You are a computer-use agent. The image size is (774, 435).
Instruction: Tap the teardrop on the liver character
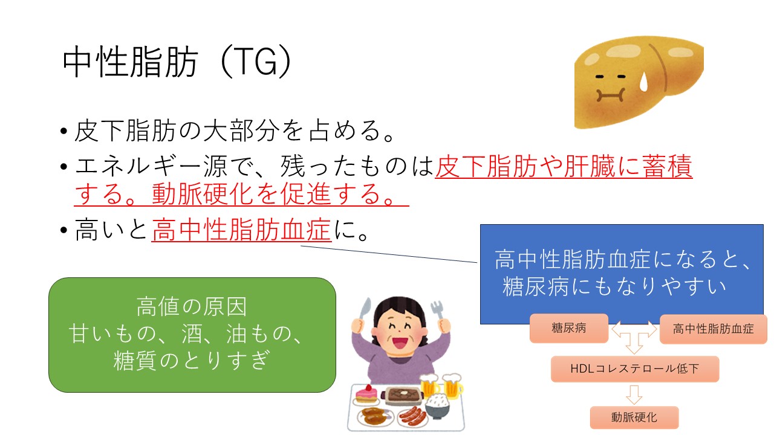pos(643,83)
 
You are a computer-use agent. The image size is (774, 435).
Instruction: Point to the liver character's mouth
pos(611,95)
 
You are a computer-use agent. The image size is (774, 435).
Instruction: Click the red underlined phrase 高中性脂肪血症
pos(241,230)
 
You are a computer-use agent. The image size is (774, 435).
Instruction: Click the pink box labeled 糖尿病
pos(569,328)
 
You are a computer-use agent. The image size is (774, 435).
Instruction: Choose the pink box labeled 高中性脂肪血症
pos(713,329)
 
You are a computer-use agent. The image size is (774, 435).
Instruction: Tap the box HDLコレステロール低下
pos(635,369)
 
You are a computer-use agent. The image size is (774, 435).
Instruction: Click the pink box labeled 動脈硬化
pos(634,417)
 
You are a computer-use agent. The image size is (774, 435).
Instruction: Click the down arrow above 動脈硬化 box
pos(634,395)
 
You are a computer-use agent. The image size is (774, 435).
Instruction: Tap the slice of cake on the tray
pos(366,394)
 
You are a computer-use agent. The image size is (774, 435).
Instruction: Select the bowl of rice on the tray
pos(437,406)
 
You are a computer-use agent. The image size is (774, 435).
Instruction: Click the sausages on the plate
pos(412,416)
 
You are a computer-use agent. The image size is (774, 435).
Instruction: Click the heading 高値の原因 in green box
pos(192,306)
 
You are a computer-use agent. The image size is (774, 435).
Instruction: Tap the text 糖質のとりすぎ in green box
pos(192,361)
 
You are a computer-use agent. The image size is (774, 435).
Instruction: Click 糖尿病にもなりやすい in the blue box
pos(614,286)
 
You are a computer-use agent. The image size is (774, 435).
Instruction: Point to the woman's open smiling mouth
pos(401,343)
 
